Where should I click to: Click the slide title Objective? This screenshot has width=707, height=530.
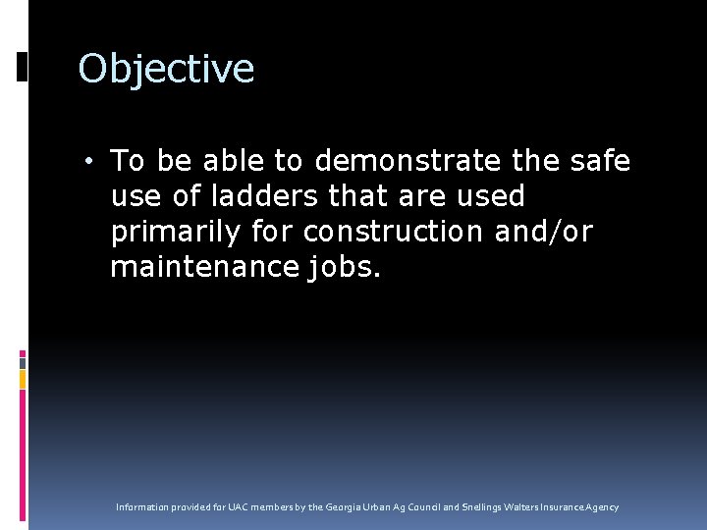166,70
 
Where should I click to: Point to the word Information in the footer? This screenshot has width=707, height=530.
142,507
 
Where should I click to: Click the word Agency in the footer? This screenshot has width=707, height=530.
604,507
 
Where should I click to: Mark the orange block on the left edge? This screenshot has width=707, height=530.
23,379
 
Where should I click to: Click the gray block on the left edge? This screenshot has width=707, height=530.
23,401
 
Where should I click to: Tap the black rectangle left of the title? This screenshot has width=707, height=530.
22,67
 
